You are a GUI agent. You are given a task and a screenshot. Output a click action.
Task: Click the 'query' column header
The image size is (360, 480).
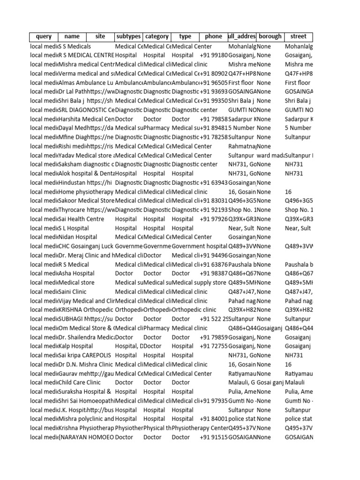pos(43,37)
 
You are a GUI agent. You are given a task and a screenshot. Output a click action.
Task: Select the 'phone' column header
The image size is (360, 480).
pos(213,37)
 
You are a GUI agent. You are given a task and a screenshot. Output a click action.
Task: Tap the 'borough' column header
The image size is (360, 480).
pos(270,37)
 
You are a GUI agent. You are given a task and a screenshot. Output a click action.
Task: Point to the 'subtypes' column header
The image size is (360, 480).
pos(128,37)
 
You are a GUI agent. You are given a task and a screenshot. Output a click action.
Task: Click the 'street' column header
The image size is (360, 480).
pos(298,37)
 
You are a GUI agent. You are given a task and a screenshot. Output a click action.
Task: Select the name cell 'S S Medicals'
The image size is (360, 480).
pos(75,46)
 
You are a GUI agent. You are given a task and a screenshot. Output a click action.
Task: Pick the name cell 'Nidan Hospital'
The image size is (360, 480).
pos(78,237)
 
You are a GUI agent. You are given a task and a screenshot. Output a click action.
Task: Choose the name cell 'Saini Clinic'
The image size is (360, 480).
pos(74,292)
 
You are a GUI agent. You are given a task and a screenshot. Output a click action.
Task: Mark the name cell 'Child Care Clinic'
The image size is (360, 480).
pos(80,382)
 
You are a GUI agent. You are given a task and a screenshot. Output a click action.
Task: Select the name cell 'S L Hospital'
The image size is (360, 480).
pos(74,228)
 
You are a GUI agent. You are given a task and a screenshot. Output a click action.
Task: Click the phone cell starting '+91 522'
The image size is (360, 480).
pos(214,319)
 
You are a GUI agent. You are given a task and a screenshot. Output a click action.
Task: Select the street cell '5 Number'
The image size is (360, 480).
pos(298,128)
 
